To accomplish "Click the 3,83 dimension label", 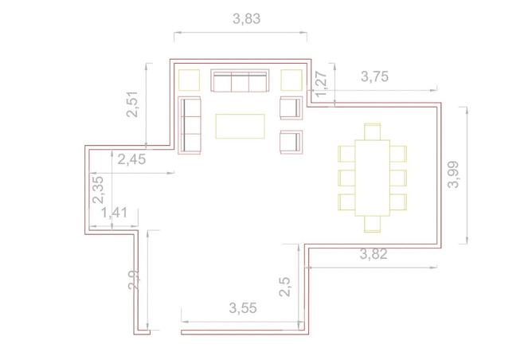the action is point(247,19).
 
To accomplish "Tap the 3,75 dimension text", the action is point(374,76).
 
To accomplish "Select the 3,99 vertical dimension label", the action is point(454,174).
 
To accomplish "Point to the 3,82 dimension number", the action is point(374,254).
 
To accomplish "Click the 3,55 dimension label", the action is point(243,308).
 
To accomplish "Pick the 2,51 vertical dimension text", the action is point(132,104).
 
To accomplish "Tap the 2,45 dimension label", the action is point(131,159).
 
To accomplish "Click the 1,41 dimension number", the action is point(115,213).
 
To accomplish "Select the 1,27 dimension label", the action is point(321,84).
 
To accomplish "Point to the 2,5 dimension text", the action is point(284,287).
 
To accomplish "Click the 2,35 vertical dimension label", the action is point(98,190).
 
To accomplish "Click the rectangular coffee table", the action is point(241,126).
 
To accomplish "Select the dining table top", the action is point(372,178).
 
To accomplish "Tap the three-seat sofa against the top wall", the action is point(240,80).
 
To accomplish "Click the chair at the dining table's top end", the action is point(372,131).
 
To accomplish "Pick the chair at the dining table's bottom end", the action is point(372,225).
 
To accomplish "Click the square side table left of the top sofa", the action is point(189,80).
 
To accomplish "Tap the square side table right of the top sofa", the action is point(291,80).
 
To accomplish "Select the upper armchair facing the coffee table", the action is point(291,108).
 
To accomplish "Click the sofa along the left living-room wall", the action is point(190,125).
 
